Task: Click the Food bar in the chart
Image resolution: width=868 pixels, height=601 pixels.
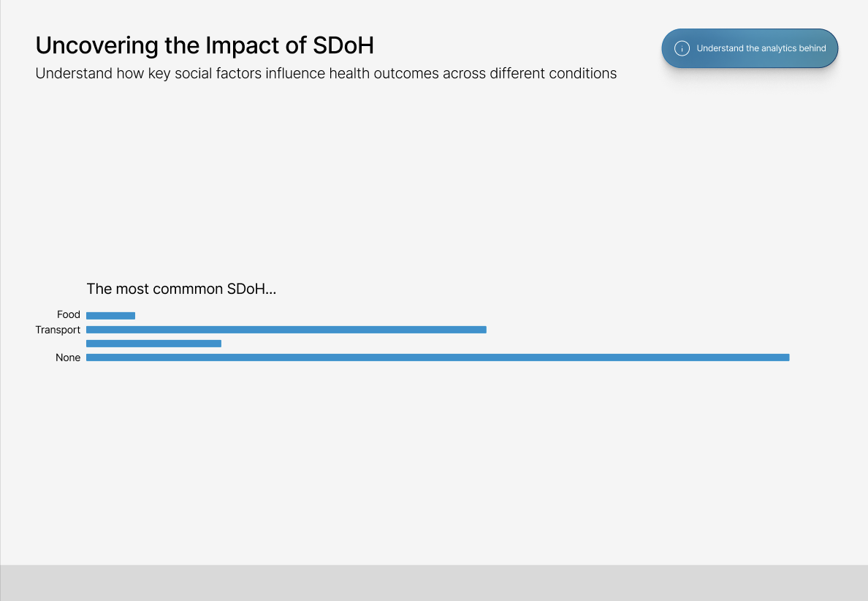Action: pyautogui.click(x=111, y=316)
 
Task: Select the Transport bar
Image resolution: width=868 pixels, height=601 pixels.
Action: pyautogui.click(x=286, y=330)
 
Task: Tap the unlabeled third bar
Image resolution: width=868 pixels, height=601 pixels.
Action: pyautogui.click(x=154, y=344)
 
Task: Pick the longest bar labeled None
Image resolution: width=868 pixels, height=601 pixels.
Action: pyautogui.click(x=438, y=358)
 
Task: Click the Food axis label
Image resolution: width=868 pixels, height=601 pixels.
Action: pyautogui.click(x=69, y=314)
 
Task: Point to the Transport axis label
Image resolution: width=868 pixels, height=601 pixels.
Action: pyautogui.click(x=58, y=330)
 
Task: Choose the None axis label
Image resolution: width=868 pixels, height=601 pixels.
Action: pyautogui.click(x=68, y=358)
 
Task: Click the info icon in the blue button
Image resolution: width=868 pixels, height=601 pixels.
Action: pyautogui.click(x=682, y=48)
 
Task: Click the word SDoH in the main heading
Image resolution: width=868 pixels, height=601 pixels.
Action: pyautogui.click(x=343, y=45)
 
